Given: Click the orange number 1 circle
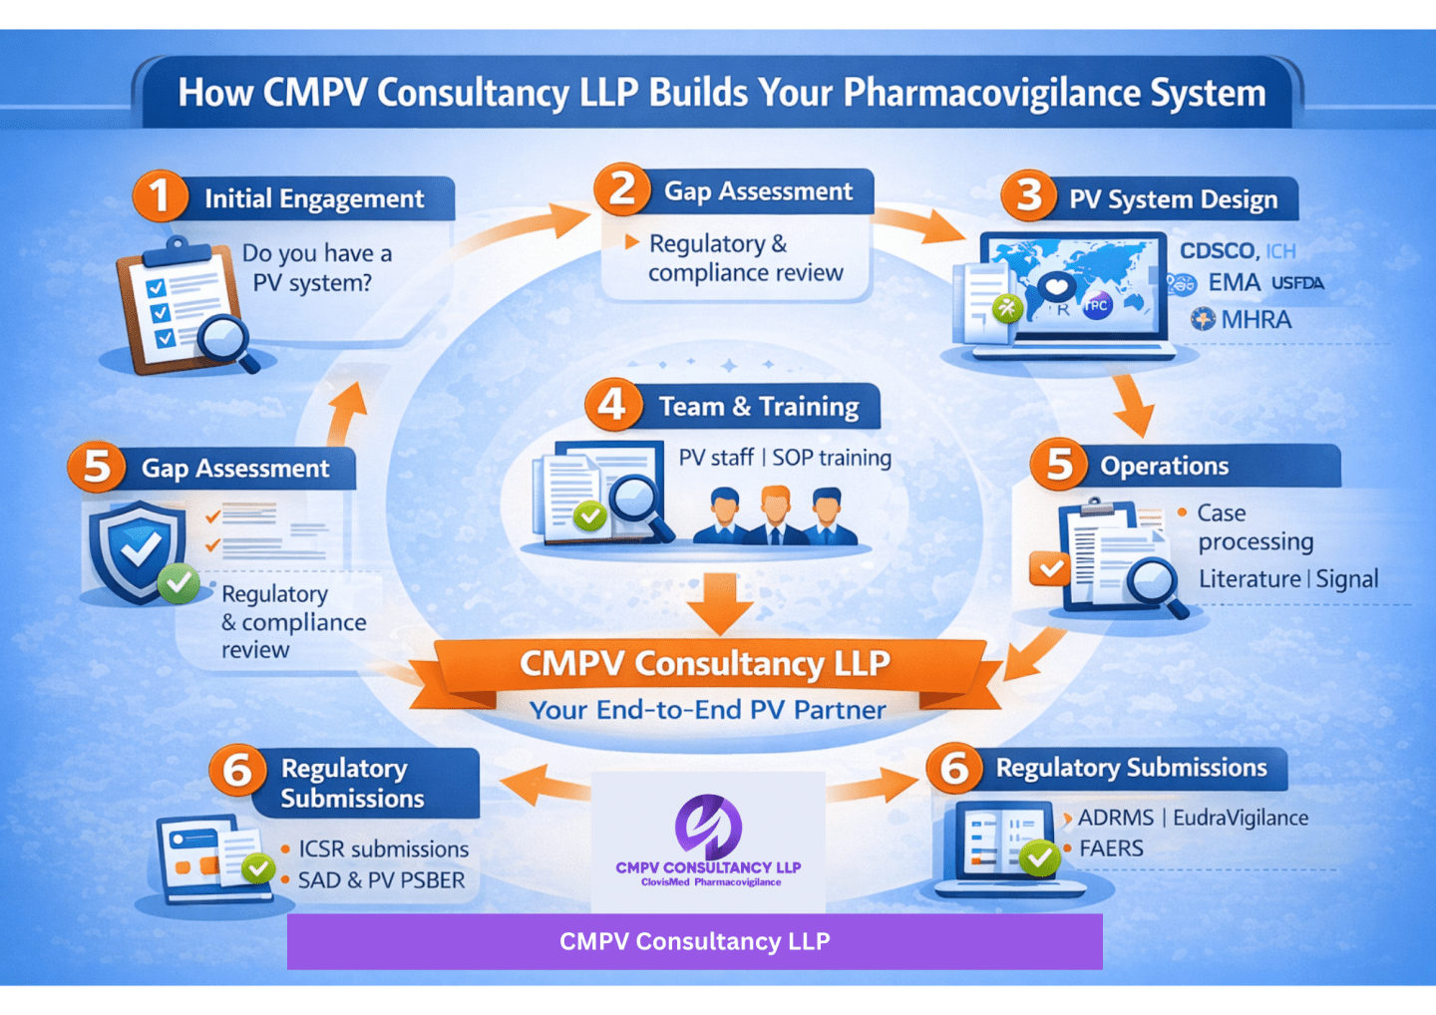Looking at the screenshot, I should [160, 195].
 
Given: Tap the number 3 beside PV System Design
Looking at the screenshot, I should [1028, 195].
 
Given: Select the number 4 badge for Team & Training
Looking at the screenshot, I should [612, 405].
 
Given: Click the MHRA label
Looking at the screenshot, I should [1256, 320].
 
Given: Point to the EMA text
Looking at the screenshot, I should [1234, 283].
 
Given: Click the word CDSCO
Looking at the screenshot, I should [1218, 251].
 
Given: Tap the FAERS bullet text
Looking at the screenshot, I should [1111, 848].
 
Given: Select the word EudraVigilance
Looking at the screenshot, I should [1241, 818].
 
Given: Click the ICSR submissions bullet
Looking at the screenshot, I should [383, 848].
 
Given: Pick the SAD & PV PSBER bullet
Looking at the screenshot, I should [381, 880].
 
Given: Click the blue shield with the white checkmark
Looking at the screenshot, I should [138, 549].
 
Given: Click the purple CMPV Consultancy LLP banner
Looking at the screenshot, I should [694, 941].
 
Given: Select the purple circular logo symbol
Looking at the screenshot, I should [708, 827].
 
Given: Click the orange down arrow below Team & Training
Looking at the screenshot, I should [721, 603].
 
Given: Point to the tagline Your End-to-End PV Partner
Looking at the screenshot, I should [707, 710].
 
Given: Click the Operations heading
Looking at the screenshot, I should [1164, 466].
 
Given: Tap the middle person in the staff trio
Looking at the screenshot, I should [775, 515].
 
